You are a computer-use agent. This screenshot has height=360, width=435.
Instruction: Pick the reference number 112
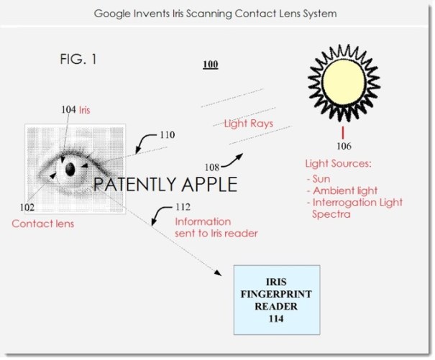185,209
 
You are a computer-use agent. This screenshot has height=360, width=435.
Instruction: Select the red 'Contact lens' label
43,223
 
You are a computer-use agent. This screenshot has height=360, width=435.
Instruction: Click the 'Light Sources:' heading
337,165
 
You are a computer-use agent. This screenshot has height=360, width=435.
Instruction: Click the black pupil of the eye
70,170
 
